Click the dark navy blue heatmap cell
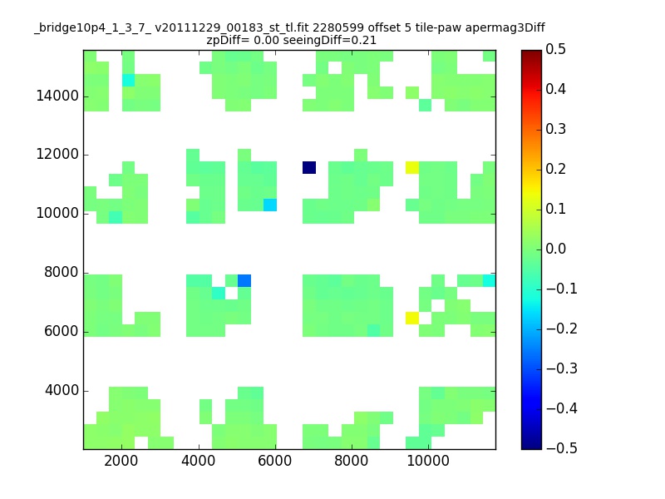coord(309,168)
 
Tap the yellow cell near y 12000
coord(412,168)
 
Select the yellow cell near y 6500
coord(412,318)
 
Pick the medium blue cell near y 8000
coord(244,280)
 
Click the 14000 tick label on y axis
coord(57,96)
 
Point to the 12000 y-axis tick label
coord(57,154)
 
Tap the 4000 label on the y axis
coord(62,390)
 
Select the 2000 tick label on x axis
coord(121,461)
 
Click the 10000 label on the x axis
coord(428,461)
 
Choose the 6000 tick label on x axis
coord(275,461)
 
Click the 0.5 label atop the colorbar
coord(555,49)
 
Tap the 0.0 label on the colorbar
coord(555,249)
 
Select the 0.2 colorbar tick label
coord(555,169)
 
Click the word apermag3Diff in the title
coord(505,28)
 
